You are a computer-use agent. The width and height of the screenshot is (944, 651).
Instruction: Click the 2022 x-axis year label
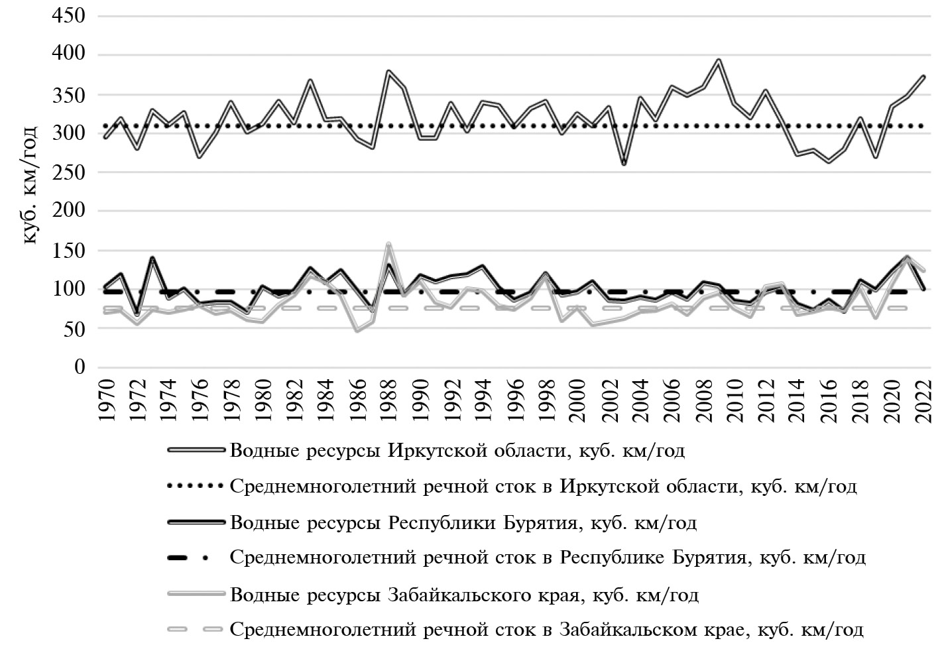tap(923, 398)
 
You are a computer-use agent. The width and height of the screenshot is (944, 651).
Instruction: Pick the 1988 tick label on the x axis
tap(388, 398)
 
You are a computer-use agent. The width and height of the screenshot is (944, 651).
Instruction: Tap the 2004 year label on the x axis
tap(640, 398)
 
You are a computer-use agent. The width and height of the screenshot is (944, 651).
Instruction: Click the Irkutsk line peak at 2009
tap(718, 60)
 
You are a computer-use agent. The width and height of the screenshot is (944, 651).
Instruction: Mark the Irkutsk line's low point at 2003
tap(624, 164)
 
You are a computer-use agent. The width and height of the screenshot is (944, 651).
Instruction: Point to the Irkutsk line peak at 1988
tap(388, 71)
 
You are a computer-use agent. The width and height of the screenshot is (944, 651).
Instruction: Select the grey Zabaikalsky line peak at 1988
tap(388, 244)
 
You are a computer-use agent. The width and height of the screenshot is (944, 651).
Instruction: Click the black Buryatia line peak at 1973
tap(152, 258)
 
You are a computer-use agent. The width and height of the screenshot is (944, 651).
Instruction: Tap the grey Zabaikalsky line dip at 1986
tap(357, 330)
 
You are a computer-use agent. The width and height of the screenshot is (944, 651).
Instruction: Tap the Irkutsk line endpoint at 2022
tap(923, 77)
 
